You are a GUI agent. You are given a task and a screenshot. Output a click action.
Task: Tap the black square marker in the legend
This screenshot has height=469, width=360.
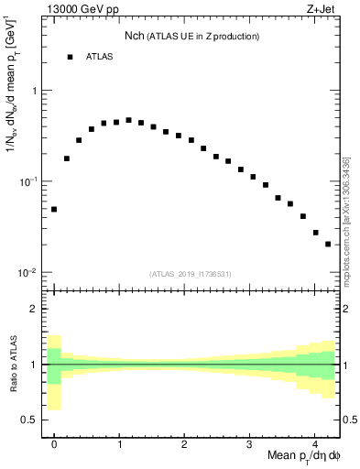pos(70,57)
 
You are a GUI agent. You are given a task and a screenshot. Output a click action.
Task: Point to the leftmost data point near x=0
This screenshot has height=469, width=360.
pos(54,209)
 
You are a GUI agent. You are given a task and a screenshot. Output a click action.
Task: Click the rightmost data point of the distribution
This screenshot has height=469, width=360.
pos(328,244)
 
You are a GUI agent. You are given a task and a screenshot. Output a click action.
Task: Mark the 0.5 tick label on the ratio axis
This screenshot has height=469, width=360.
pos(29,420)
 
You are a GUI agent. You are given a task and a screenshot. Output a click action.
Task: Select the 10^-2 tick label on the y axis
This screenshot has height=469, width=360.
pos(27,272)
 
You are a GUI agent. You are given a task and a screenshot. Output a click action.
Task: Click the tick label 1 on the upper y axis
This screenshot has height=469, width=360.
pos(35,91)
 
